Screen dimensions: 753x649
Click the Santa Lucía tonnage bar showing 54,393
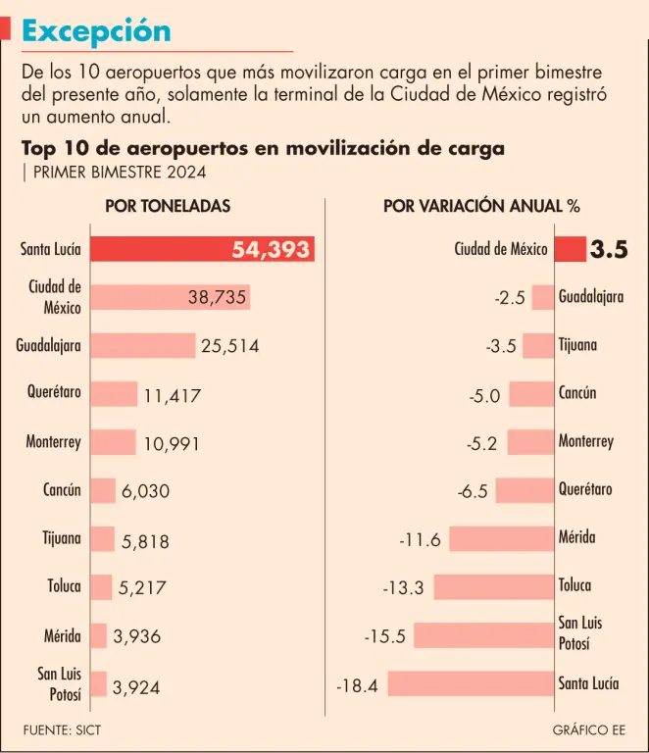point(201,249)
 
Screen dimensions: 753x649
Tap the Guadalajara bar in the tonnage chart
point(143,345)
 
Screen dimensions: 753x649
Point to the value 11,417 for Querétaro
point(172,396)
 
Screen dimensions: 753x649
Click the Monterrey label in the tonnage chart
point(53,442)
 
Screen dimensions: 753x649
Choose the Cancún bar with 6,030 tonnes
point(103,490)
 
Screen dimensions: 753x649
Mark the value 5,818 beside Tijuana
point(145,539)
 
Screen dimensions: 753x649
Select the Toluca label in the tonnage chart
point(64,586)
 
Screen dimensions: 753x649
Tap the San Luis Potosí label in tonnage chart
point(59,683)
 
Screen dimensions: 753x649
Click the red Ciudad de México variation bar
point(570,249)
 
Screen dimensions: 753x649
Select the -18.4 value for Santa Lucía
point(357,684)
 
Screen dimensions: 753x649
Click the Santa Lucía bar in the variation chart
point(471,683)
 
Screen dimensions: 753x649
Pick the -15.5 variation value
point(384,636)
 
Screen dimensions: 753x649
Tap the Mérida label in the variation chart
point(577,537)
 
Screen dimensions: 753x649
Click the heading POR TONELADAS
point(168,206)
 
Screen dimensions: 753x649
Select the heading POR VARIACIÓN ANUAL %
point(480,206)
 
